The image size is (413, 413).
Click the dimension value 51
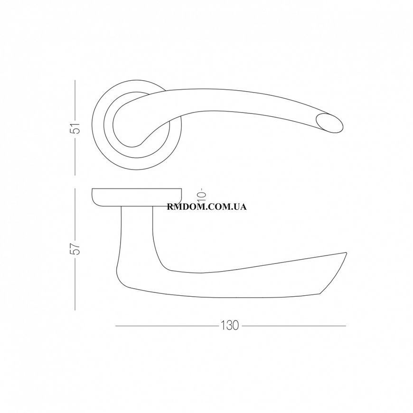coord(75,128)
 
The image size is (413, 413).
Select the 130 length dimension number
coord(229,326)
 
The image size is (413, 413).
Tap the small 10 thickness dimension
coord(202,194)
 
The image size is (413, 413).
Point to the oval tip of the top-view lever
coord(330,123)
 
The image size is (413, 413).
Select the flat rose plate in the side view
coord(137,197)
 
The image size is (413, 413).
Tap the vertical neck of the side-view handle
coord(137,232)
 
